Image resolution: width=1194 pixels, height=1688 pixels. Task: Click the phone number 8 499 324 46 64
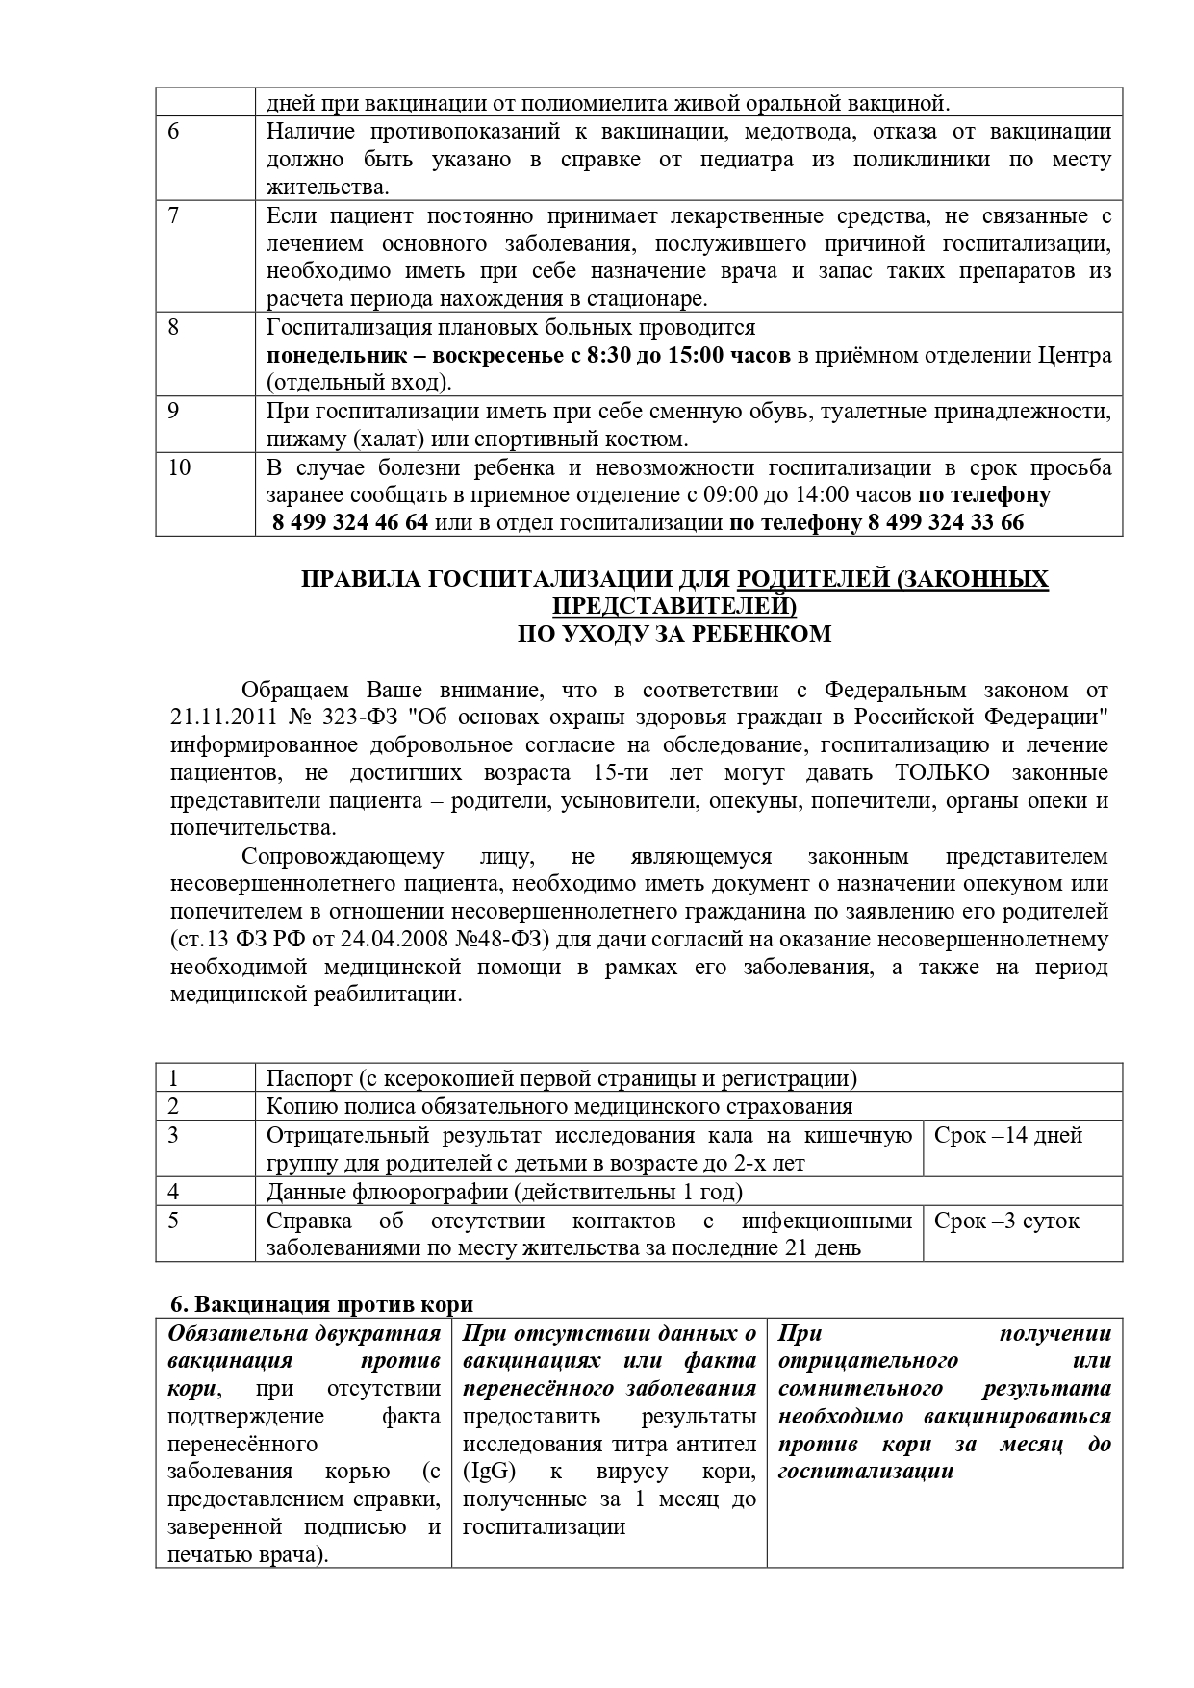point(350,523)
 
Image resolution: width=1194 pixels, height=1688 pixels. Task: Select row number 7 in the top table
point(173,215)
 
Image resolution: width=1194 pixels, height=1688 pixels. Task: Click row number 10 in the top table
point(179,467)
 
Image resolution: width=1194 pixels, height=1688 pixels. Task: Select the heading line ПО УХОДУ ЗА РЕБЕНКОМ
point(674,634)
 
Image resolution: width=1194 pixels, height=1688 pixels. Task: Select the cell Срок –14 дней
point(1008,1136)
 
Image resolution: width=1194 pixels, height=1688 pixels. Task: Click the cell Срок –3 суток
point(1006,1222)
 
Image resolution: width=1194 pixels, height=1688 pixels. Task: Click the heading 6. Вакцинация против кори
point(322,1305)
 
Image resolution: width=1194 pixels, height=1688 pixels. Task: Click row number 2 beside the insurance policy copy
point(174,1107)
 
